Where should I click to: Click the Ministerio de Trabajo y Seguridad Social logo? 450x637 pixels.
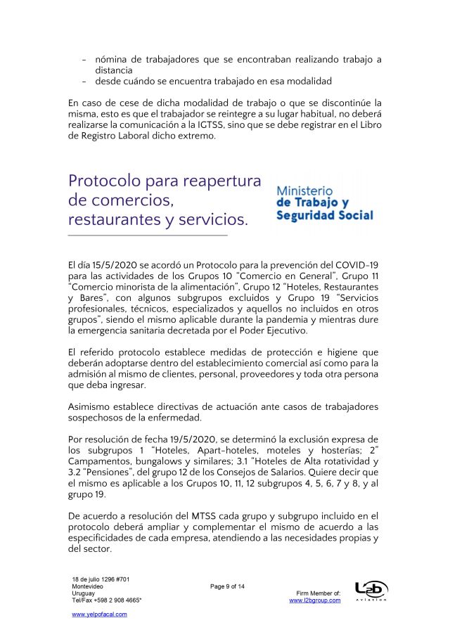pyautogui.click(x=324, y=203)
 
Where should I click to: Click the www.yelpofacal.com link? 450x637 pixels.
pyautogui.click(x=100, y=615)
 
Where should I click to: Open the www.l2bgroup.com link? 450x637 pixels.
pyautogui.click(x=315, y=600)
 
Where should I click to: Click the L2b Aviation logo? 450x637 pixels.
pyautogui.click(x=371, y=591)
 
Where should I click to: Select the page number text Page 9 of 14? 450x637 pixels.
pyautogui.click(x=227, y=586)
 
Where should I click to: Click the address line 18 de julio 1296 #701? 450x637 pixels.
pyautogui.click(x=101, y=579)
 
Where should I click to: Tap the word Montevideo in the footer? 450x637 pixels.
pyautogui.click(x=88, y=586)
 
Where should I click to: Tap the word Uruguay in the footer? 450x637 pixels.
pyautogui.click(x=84, y=593)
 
